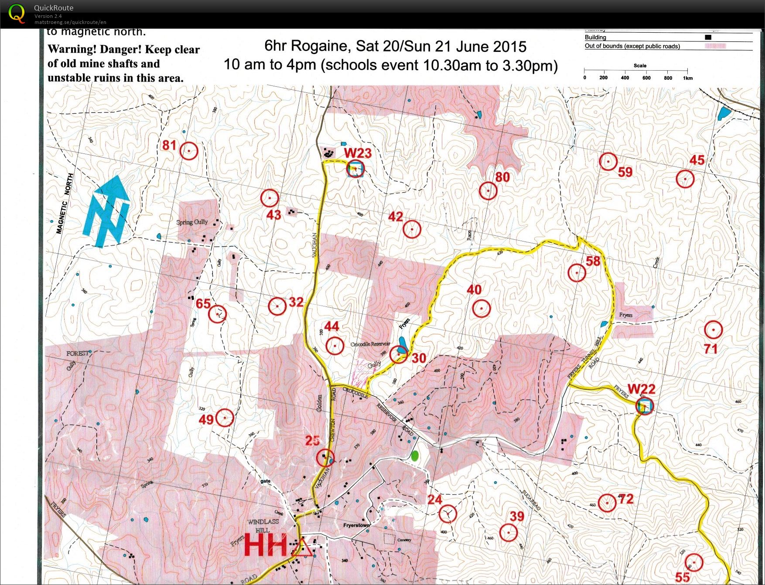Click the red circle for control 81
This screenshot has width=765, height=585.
coord(189,151)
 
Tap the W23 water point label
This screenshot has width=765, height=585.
coord(358,153)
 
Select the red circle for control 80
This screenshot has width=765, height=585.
coord(488,190)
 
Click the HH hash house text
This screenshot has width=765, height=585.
coord(266,545)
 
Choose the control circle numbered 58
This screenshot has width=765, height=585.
coord(577,273)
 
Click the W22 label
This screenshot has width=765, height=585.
coord(641,389)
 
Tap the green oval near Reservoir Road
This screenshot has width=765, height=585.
coord(415,456)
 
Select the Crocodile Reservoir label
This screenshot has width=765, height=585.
coord(370,344)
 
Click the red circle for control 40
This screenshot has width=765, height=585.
coord(481,309)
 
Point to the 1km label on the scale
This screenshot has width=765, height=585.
coord(688,78)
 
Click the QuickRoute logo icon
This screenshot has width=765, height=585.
coord(17,13)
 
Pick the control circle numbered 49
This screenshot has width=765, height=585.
coord(225,418)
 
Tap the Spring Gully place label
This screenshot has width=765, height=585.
coord(192,222)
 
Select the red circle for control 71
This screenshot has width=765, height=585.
coord(713,330)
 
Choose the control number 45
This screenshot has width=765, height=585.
coord(697,160)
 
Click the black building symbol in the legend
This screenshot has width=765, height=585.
coord(708,37)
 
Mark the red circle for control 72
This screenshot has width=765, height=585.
coord(607,503)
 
